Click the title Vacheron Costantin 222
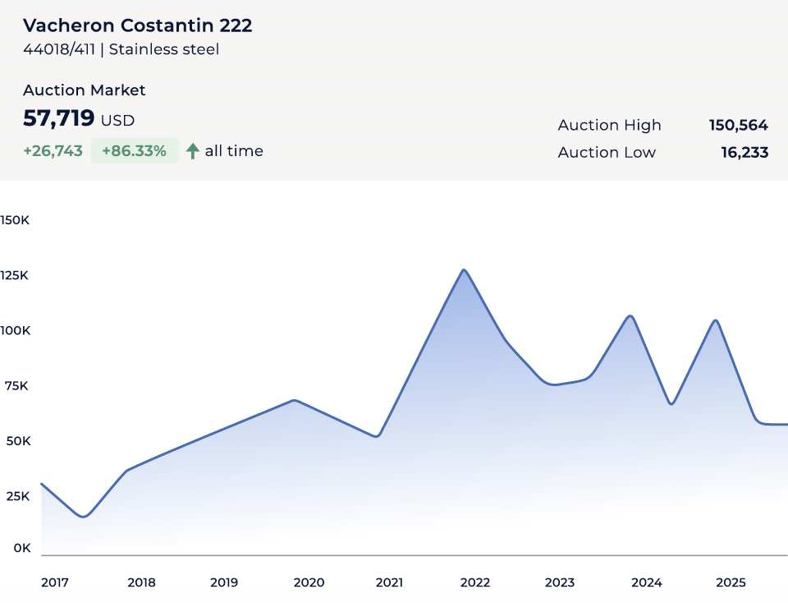coord(137,25)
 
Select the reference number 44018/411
coord(59,49)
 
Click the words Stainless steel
coord(164,49)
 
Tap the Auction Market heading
coord(84,90)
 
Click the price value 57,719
coord(59,118)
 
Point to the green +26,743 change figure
coord(53,151)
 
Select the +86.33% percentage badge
coord(135,151)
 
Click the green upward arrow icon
coord(193,151)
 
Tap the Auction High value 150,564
coord(738,126)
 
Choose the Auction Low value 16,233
coord(744,153)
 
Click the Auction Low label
coord(607,153)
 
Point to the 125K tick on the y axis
coord(15,275)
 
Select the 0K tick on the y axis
coord(21,548)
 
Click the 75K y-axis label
coord(16,385)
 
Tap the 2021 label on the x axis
coord(389,582)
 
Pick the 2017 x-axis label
coord(55,582)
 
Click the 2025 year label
coord(731,582)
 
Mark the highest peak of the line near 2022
coord(464,270)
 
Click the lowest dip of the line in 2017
coord(83,516)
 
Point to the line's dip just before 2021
coord(376,435)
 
